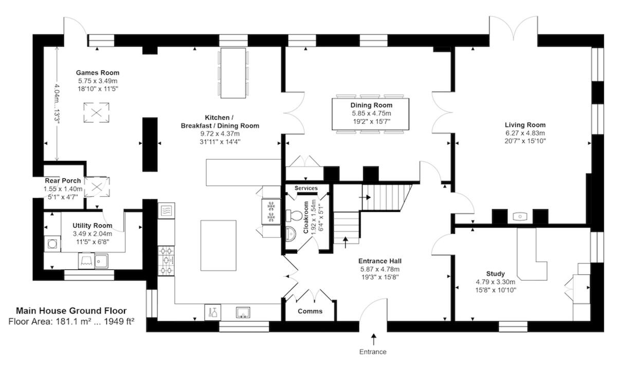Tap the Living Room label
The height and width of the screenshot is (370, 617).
point(525,125)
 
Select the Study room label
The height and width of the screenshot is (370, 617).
point(495,273)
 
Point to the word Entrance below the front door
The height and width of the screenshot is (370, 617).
point(373,352)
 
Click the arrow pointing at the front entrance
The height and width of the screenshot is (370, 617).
point(373,339)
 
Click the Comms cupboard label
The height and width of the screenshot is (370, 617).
point(310,311)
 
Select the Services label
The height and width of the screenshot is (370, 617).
point(306,188)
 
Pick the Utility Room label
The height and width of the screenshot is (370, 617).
point(93,226)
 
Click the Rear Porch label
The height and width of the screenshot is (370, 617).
point(63,181)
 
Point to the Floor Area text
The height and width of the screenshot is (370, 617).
point(71,322)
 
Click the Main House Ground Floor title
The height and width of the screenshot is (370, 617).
point(71,310)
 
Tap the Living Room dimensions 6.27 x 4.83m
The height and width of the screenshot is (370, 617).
point(525,133)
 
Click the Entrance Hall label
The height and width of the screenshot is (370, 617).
point(380,261)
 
